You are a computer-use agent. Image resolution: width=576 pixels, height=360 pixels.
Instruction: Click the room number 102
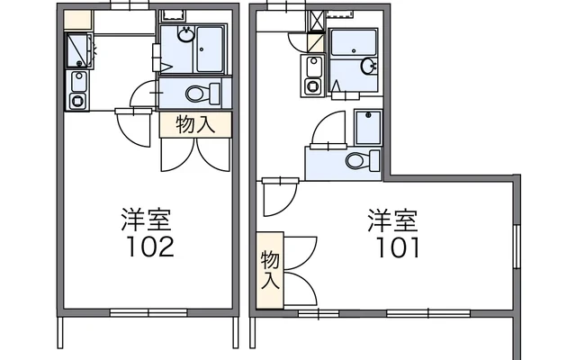click(x=150, y=246)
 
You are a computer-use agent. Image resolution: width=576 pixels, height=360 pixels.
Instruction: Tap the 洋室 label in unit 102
click(x=146, y=220)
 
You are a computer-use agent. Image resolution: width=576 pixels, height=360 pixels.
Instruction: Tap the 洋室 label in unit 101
click(x=392, y=220)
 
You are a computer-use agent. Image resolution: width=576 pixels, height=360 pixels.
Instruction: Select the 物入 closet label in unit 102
click(x=195, y=124)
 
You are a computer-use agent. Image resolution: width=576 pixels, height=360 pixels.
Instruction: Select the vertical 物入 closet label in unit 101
click(x=270, y=269)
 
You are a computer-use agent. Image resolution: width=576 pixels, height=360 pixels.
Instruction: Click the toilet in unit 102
click(x=202, y=94)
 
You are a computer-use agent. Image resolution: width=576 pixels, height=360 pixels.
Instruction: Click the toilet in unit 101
click(x=363, y=160)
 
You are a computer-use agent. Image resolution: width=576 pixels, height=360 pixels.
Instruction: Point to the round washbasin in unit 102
click(x=186, y=34)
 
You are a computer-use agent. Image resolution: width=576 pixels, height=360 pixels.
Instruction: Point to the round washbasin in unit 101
click(x=368, y=66)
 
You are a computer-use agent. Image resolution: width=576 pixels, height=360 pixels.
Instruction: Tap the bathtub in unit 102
click(x=210, y=49)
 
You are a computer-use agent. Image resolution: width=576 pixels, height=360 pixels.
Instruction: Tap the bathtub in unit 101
click(x=354, y=42)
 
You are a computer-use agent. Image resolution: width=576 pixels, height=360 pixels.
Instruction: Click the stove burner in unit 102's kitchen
click(x=78, y=101)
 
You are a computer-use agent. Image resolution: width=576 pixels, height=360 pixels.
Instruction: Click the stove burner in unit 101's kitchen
click(x=312, y=86)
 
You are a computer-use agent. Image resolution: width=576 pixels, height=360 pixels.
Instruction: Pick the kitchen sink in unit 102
click(x=78, y=81)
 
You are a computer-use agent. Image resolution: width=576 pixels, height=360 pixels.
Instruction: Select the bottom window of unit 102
click(x=148, y=312)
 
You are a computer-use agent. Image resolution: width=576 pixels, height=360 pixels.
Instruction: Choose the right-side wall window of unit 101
click(x=517, y=246)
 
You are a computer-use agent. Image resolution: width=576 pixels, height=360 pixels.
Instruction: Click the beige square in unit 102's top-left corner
click(x=77, y=20)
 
